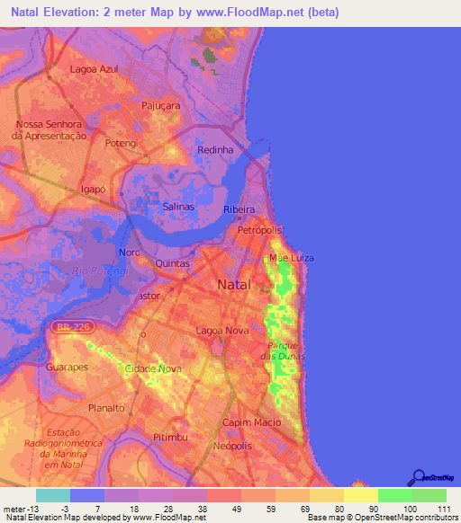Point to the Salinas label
tap(178, 207)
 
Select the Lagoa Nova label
tap(221, 331)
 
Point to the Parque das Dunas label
tap(284, 351)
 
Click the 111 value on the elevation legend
tap(442, 508)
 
